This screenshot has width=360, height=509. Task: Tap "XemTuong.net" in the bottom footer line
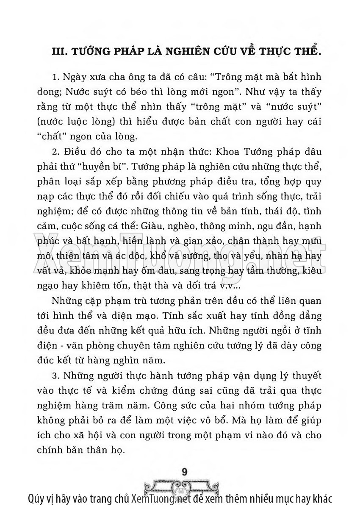(x=159, y=498)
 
